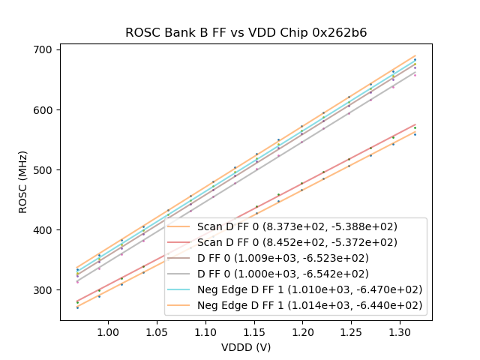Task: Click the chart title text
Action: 245,33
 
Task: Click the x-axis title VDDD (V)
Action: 245,347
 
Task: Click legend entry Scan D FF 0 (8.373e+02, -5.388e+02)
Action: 297,226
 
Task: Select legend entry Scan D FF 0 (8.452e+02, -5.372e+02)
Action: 297,242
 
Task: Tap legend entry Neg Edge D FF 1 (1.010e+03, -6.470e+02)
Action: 310,289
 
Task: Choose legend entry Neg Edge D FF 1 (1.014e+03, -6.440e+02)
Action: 310,305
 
